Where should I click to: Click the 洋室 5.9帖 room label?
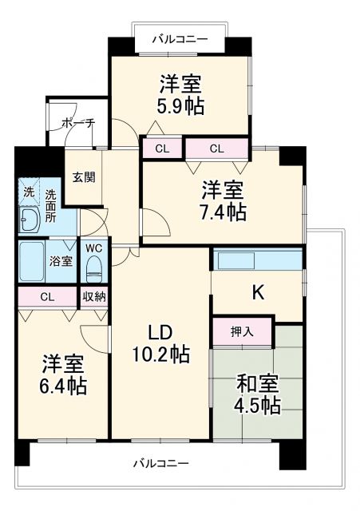(x=180, y=94)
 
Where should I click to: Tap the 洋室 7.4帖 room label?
(x=223, y=201)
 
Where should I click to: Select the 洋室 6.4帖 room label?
(x=65, y=374)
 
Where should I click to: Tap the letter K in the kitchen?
(x=258, y=293)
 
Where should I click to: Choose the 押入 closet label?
(x=243, y=331)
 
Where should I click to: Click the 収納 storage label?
(x=94, y=296)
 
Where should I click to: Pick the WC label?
(x=94, y=248)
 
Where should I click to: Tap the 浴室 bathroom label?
(x=61, y=261)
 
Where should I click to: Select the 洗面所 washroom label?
(x=51, y=204)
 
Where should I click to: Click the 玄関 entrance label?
(x=83, y=176)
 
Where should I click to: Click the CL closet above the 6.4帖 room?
(x=47, y=296)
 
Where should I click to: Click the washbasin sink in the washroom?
(x=30, y=220)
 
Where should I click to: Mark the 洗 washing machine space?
(x=28, y=192)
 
